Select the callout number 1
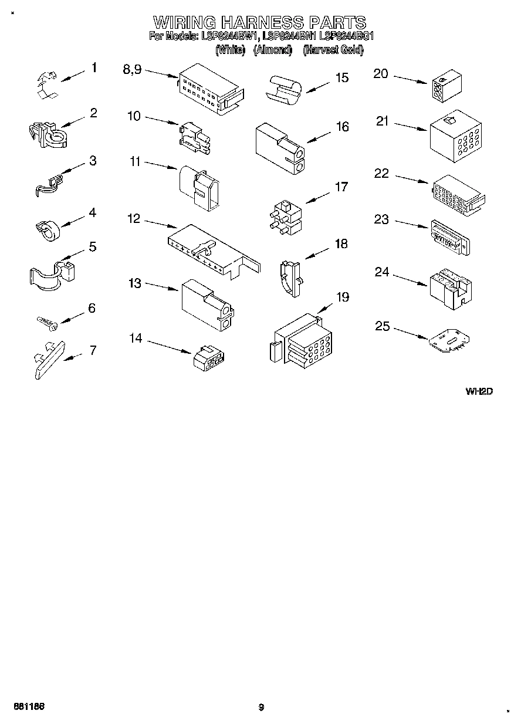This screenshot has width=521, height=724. [x=93, y=68]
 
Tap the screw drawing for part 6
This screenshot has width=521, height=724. [x=45, y=321]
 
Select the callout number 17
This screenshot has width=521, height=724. [x=341, y=187]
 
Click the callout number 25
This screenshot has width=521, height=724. [x=382, y=326]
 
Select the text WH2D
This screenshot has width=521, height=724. [x=478, y=392]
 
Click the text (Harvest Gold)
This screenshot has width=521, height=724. [x=333, y=50]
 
